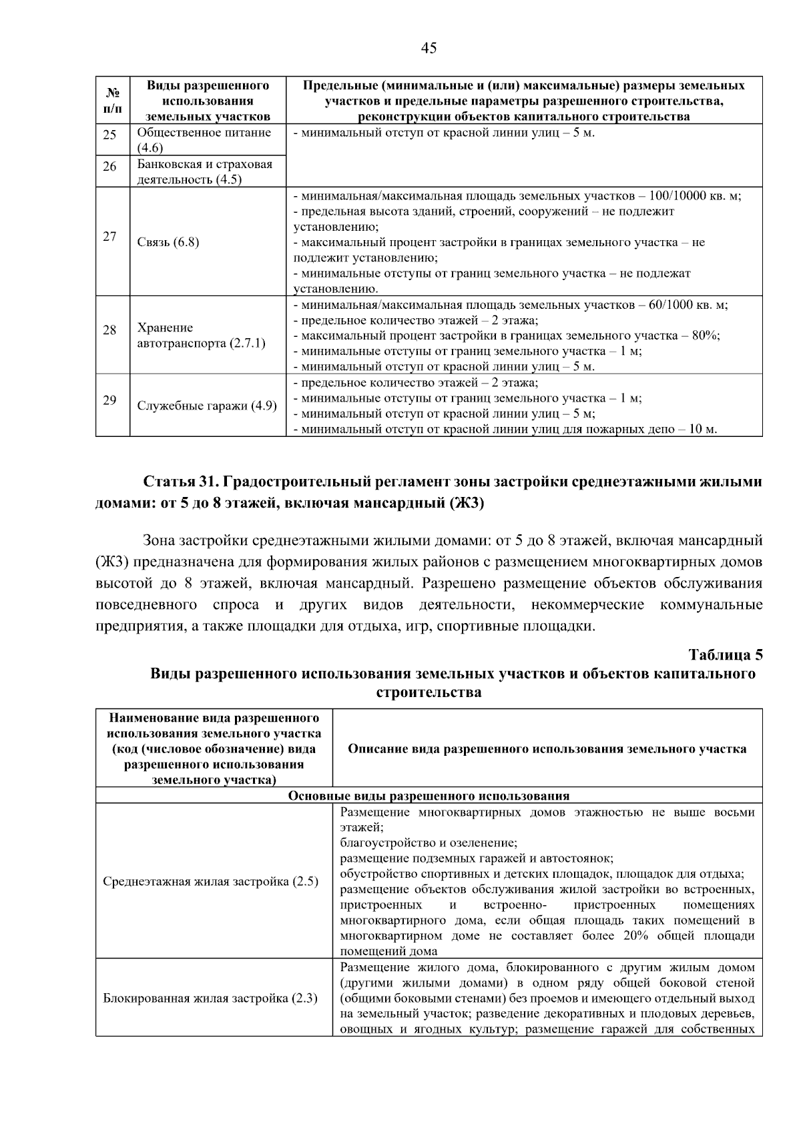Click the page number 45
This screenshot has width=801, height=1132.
point(429,48)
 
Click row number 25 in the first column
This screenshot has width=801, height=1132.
point(109,135)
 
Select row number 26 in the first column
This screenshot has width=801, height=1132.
point(109,166)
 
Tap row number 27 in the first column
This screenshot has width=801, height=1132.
point(109,237)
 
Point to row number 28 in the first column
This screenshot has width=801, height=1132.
point(109,330)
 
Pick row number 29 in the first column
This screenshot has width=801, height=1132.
point(109,400)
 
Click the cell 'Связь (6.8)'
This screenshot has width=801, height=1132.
point(168,242)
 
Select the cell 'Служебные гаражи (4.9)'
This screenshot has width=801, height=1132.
point(207,406)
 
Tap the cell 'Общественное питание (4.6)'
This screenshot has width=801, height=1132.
point(204,139)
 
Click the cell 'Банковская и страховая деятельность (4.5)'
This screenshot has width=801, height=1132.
point(205,171)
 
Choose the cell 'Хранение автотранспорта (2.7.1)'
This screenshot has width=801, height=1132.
point(201,336)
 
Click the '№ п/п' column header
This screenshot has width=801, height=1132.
point(113,100)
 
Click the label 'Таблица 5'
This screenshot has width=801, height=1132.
point(726,654)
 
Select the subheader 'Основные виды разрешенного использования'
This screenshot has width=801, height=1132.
point(429,796)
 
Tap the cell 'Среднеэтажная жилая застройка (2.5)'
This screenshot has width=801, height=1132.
point(211,882)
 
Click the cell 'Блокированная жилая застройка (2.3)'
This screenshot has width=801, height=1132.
point(210,999)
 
